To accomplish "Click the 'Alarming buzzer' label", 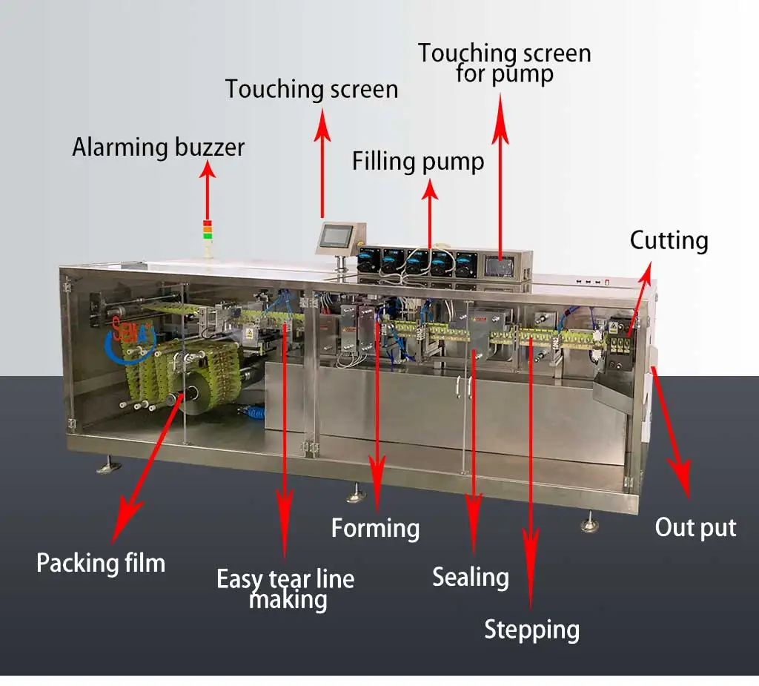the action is pos(159,148).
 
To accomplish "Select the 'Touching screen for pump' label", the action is pos(504,64).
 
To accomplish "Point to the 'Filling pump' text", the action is pos(418,162).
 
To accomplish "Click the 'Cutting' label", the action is pos(669,241).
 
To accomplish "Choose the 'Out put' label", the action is pos(695,527).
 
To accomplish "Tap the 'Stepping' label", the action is pos(531,630).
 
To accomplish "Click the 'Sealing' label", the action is pos(471,578).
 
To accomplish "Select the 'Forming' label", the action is pos(375,528).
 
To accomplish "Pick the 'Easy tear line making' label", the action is pos(285,589).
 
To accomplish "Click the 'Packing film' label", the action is pos(101,564).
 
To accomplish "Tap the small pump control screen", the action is pos(500,265).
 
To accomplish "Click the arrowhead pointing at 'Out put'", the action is pos(680,479).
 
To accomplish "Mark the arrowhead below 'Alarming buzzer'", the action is pos(208,168).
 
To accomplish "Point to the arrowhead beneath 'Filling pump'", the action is pos(430,189).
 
